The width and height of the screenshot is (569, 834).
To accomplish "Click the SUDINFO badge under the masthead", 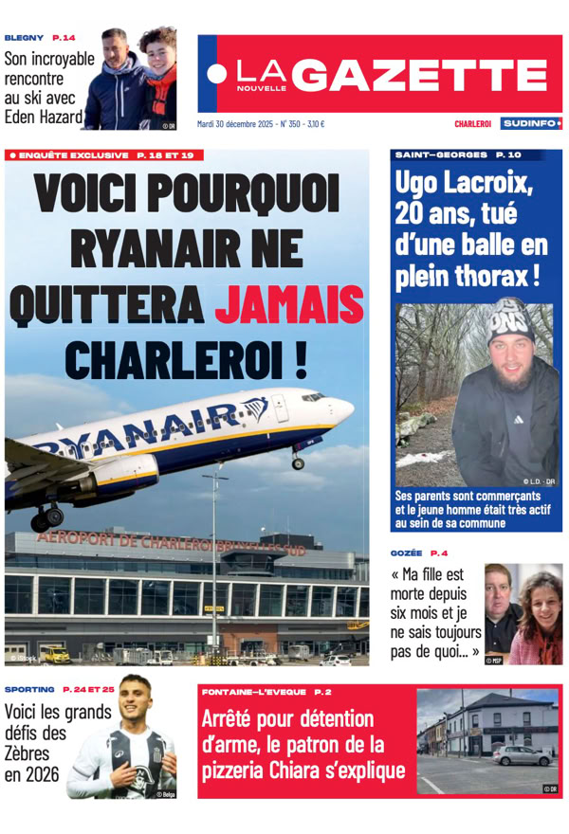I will [531, 123].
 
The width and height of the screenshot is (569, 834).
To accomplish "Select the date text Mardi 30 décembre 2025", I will [239, 123].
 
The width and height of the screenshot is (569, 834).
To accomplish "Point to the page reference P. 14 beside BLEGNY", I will [64, 37].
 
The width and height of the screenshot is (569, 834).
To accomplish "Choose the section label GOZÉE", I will [405, 553].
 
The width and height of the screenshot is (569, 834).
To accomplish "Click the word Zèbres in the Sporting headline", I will [34, 753].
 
